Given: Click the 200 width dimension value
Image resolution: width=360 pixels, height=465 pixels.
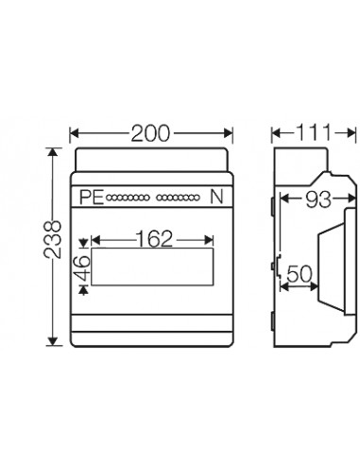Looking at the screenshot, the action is pos(150,133).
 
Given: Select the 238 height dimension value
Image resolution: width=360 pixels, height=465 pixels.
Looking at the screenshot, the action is pos(53,239).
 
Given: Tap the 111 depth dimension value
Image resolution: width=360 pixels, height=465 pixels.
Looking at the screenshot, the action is pos(313,132).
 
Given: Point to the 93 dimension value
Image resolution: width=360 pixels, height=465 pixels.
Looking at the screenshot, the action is pos(318,199).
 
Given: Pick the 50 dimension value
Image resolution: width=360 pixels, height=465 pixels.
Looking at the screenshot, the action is pos(300,274).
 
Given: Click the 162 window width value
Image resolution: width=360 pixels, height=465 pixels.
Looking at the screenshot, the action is pos(155,239).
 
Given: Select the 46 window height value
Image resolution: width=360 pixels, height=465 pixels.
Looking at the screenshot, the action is pos(83,267).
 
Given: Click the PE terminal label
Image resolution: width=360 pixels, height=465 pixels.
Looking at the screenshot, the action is pos(92,198).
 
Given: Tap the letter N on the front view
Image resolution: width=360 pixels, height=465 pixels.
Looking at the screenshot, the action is pos(216,197).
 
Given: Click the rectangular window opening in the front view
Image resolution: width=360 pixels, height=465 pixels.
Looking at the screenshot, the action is pos(152,267).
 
